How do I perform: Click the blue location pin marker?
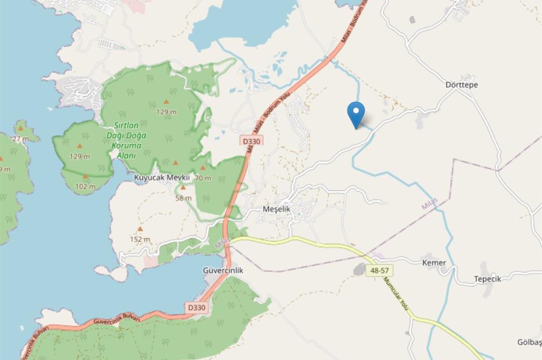coord(356,113)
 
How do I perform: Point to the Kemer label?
coord(434,263)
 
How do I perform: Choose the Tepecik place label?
coord(487,279)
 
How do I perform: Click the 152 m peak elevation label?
coord(140,239)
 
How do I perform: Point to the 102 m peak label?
coord(85,187)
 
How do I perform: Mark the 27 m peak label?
coord(21,139)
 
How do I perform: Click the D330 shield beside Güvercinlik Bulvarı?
coord(198,307)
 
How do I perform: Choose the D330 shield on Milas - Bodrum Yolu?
coord(252,141)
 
